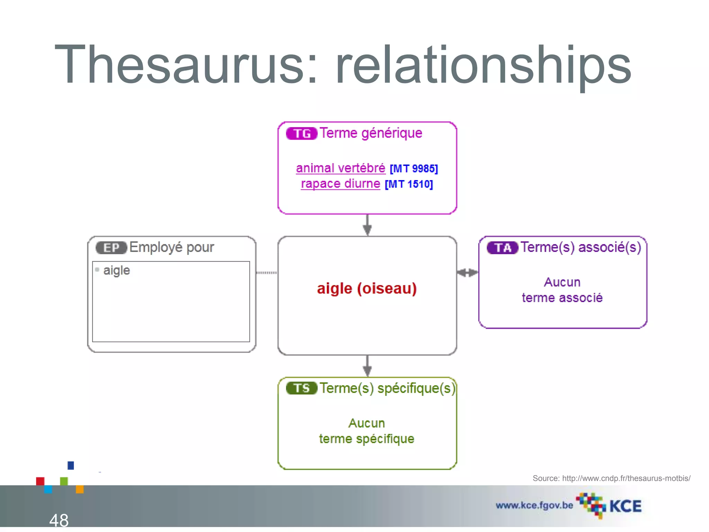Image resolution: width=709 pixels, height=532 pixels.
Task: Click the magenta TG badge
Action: (x=302, y=134)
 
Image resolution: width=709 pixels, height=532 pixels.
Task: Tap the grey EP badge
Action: (x=111, y=248)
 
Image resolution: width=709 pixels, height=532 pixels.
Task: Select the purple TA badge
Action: (x=502, y=248)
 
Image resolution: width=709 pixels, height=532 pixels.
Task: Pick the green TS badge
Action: (x=302, y=388)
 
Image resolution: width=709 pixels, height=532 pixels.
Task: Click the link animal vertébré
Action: (x=341, y=168)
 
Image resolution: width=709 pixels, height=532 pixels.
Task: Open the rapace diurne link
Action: (x=341, y=184)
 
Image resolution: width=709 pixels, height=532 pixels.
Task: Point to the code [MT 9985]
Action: (x=414, y=169)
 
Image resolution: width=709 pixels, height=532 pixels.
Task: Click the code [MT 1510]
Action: (x=409, y=184)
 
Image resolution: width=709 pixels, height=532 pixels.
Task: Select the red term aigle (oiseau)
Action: (x=367, y=289)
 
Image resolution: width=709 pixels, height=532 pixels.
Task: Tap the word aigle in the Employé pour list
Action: (x=117, y=270)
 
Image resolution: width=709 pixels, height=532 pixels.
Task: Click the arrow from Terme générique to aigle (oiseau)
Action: (x=367, y=225)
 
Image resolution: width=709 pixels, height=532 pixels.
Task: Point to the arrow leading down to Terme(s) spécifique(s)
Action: (x=367, y=366)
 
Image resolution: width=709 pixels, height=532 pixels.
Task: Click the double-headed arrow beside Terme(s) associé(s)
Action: (x=467, y=273)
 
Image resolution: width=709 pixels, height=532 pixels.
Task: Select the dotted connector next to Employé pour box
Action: (x=267, y=273)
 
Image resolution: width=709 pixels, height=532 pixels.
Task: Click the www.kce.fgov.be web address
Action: (x=534, y=505)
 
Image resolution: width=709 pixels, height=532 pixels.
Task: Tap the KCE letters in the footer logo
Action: (x=625, y=506)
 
